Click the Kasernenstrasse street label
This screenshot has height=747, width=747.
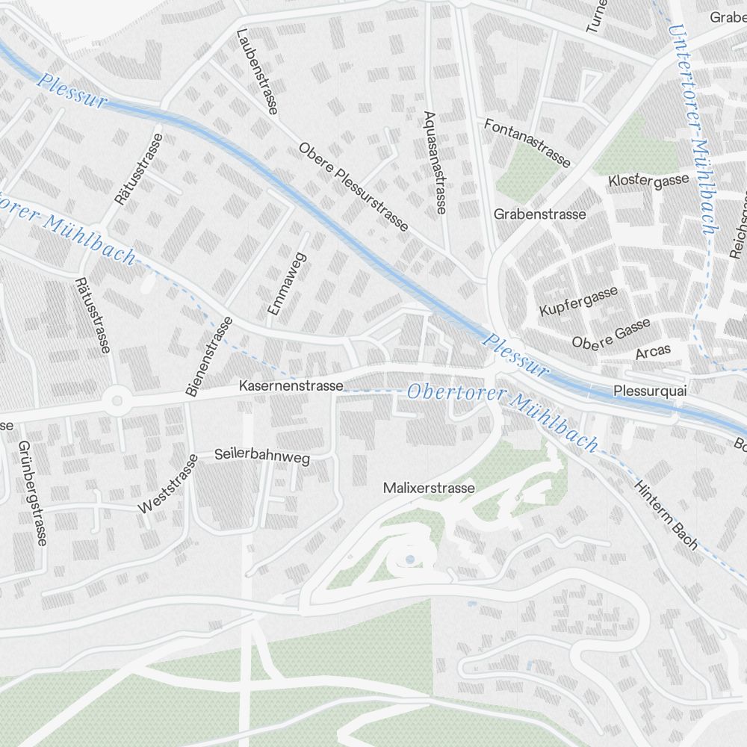pyautogui.click(x=291, y=386)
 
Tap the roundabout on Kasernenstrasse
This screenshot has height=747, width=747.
pyautogui.click(x=116, y=401)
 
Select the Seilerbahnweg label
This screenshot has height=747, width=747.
pyautogui.click(x=261, y=455)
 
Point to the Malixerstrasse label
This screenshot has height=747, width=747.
pyautogui.click(x=428, y=488)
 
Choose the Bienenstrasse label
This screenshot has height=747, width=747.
pyautogui.click(x=208, y=356)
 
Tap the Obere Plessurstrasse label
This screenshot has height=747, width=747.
pyautogui.click(x=353, y=187)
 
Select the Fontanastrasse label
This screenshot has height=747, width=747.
pyautogui.click(x=527, y=143)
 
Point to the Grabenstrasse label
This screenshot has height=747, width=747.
pyautogui.click(x=539, y=214)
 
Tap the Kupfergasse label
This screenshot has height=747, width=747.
pyautogui.click(x=578, y=300)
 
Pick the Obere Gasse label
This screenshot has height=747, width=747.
pyautogui.click(x=610, y=333)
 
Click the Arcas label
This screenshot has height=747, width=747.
pyautogui.click(x=653, y=351)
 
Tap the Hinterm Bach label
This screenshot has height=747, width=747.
pyautogui.click(x=666, y=515)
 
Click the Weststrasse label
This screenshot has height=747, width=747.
pyautogui.click(x=168, y=484)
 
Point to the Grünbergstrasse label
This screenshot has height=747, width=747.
pyautogui.click(x=32, y=493)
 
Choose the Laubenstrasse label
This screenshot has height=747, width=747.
pyautogui.click(x=256, y=72)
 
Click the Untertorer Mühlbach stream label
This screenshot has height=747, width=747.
pyautogui.click(x=692, y=127)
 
